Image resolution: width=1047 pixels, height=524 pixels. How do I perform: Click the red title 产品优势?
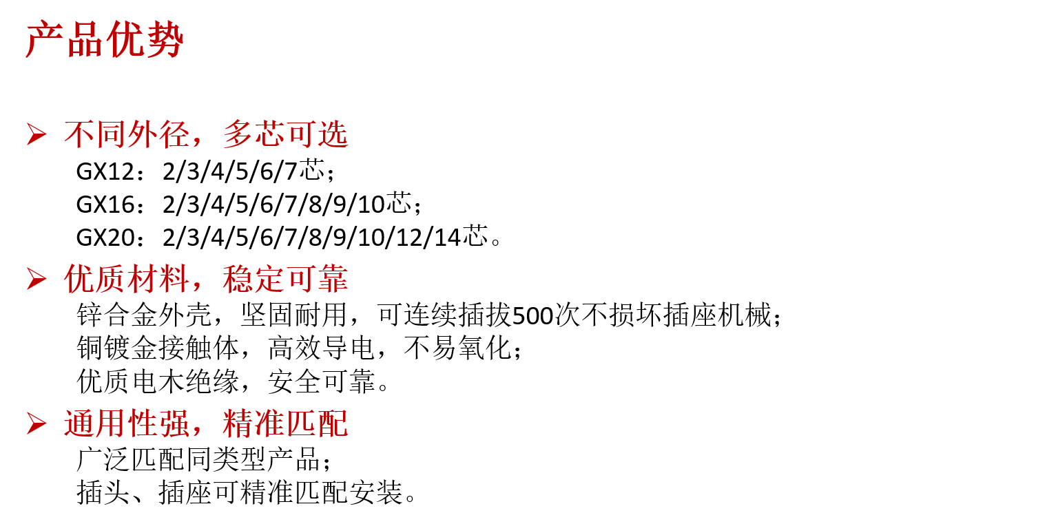[105, 39]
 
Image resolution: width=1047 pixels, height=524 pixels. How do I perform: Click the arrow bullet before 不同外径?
[37, 135]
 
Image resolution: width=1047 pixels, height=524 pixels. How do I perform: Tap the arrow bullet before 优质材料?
[37, 279]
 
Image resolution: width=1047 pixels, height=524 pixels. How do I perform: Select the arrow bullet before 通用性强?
[37, 424]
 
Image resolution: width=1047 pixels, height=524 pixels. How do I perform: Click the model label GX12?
[105, 171]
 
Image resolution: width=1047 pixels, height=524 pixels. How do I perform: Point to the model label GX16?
[105, 205]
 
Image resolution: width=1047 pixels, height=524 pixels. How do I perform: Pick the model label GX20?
[105, 238]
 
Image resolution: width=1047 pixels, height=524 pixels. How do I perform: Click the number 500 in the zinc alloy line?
[533, 316]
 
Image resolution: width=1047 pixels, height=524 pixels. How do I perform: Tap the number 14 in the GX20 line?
[448, 238]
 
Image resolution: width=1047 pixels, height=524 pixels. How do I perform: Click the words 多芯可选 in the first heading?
[286, 135]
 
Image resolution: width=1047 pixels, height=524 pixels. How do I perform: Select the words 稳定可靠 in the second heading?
[286, 279]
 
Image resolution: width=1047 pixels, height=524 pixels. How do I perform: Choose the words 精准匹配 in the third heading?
[286, 424]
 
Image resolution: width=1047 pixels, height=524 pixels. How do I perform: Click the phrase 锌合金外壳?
[144, 315]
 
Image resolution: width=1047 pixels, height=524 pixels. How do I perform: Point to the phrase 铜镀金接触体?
[158, 348]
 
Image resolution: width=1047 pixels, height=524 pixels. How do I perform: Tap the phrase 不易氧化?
[457, 348]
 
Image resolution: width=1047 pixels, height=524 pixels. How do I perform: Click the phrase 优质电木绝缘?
[158, 381]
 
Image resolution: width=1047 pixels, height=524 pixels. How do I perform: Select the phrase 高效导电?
[321, 348]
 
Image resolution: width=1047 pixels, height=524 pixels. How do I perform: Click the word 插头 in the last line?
[103, 492]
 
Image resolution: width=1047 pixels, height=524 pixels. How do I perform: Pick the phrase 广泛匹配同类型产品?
[198, 459]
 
